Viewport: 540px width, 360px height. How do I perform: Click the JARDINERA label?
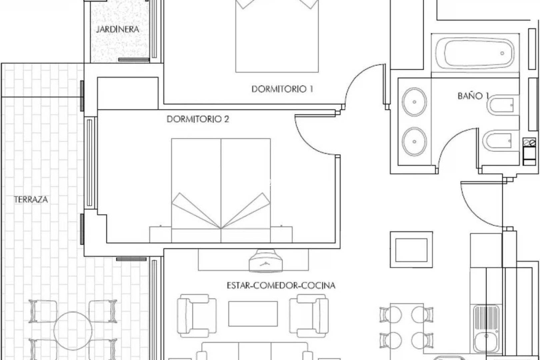[117, 29]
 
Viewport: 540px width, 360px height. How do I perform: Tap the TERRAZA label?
[31, 200]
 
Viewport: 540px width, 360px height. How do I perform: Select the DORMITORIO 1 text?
[282, 89]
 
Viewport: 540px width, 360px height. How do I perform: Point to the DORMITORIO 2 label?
[198, 119]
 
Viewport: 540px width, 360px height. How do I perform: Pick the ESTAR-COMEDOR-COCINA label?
[281, 286]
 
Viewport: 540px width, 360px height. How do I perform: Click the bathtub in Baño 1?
[475, 53]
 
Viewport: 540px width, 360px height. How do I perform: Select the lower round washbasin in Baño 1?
[414, 141]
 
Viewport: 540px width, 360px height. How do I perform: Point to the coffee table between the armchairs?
[253, 313]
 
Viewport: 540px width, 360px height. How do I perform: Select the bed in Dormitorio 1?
[276, 37]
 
